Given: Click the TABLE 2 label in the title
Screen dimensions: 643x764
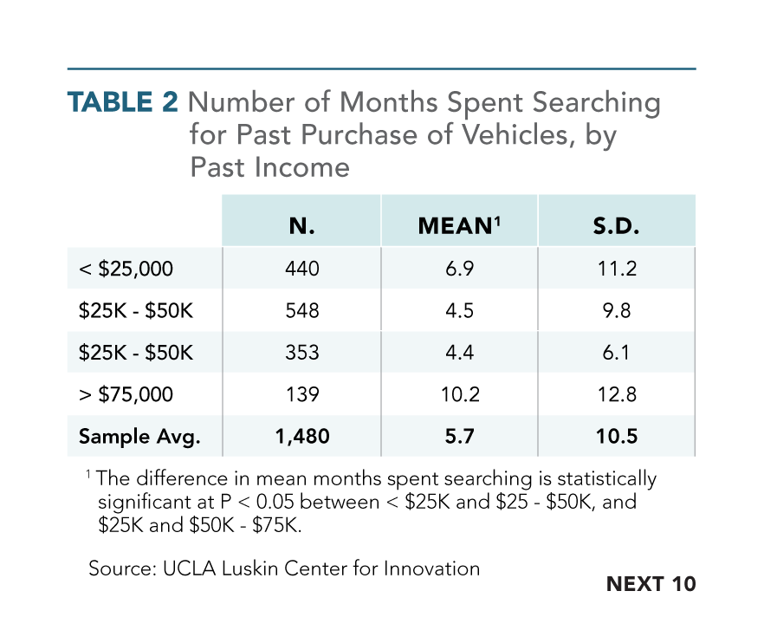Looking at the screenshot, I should point(123,102).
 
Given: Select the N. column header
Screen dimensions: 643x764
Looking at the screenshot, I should point(301,226).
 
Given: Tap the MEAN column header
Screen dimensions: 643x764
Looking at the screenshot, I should point(459,226).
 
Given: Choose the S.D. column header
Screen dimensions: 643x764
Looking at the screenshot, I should point(617,226).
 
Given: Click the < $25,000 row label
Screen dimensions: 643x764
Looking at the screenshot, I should point(126,269).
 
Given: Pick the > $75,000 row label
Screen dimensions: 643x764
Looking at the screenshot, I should point(126,394).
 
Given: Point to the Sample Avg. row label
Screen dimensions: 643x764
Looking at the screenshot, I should point(139,437).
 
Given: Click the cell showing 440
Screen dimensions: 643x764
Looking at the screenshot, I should point(301,269).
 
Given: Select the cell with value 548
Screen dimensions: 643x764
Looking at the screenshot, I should point(301,310).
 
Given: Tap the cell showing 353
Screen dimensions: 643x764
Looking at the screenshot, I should point(301,353).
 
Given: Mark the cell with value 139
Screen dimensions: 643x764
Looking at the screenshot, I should point(301,394).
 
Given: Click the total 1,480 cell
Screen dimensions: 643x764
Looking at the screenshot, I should point(301,437).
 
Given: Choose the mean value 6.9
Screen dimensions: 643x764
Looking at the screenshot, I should point(459,269).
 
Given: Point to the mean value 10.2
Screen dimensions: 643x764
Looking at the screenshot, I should point(459,394).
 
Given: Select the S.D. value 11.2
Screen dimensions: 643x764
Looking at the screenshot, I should point(617,269).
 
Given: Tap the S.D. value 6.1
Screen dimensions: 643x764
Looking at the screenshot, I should point(617,353).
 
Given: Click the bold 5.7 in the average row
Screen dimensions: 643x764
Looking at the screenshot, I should point(459,437).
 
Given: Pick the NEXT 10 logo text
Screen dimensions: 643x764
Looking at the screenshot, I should point(651,584).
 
